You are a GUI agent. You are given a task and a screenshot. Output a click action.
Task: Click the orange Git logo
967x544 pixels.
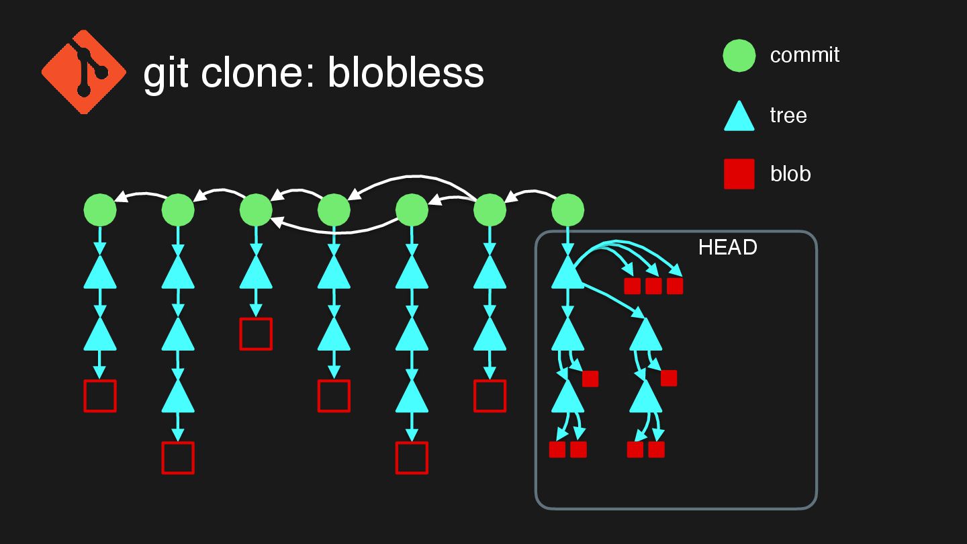(84, 71)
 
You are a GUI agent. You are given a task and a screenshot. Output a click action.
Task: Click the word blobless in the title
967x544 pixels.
(406, 73)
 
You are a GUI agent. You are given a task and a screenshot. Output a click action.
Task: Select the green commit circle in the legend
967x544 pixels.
(739, 56)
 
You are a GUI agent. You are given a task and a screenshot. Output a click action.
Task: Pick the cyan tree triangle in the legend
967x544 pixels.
(739, 117)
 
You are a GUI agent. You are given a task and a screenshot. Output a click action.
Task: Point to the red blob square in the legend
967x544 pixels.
(739, 174)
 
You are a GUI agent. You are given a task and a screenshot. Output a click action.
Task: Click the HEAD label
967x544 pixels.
(727, 248)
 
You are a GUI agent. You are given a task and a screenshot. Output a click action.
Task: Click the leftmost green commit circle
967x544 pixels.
(100, 210)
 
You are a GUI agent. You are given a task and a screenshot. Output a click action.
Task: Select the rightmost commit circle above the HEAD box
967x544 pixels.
(567, 210)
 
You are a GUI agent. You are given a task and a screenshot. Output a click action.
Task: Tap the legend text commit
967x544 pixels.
(804, 55)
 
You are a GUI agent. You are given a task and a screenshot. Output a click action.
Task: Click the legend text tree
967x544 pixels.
(788, 116)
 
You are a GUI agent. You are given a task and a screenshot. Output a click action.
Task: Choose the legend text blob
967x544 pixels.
(790, 174)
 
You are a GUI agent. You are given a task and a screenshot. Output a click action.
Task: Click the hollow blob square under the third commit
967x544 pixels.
(256, 334)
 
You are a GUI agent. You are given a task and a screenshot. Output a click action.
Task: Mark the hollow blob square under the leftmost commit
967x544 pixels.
(100, 396)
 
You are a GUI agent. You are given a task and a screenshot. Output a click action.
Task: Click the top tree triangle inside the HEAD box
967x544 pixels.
(567, 274)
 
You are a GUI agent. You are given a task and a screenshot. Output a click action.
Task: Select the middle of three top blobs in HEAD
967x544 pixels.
(653, 286)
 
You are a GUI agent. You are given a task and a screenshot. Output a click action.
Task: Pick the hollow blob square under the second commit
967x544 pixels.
(178, 458)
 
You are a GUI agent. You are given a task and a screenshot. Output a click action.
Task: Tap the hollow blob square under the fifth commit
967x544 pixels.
(412, 458)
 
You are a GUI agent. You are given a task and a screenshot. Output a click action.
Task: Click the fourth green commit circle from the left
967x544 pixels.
(334, 210)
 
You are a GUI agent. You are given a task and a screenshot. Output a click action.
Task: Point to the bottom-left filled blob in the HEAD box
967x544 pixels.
(557, 449)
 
